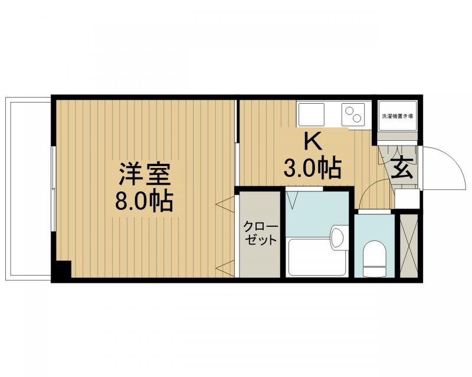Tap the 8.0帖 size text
(144, 201)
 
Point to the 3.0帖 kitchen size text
(312, 169)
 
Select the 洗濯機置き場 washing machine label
(397, 116)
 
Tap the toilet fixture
(374, 258)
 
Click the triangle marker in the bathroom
(293, 199)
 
